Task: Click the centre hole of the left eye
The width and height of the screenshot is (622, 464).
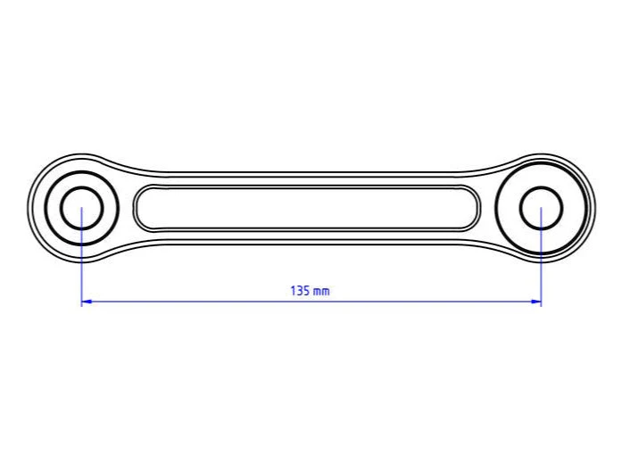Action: [82, 208]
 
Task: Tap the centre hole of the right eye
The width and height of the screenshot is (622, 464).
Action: [541, 208]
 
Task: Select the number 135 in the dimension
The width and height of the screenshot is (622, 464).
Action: [300, 291]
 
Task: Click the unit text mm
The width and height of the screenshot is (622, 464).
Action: [321, 292]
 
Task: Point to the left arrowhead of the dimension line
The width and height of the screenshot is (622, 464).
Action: [87, 302]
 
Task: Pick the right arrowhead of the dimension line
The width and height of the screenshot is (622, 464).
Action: [536, 302]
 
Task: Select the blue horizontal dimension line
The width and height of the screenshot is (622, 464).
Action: [311, 302]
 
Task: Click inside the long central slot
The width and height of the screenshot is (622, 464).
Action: [307, 208]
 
